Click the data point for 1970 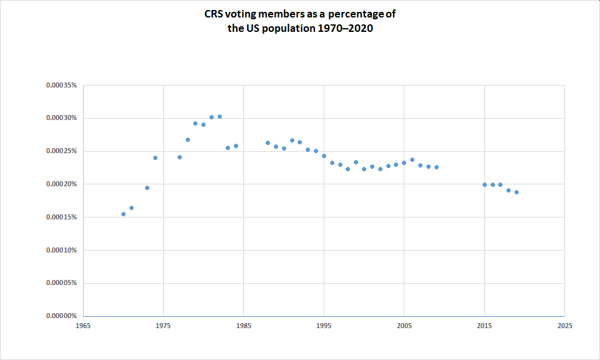(x=123, y=214)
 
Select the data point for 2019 (x=516, y=192)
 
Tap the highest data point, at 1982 (x=219, y=116)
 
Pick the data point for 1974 (x=155, y=157)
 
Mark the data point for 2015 (x=484, y=184)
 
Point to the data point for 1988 (x=267, y=142)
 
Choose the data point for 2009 (x=436, y=167)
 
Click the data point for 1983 (x=227, y=147)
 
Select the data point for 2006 (x=412, y=159)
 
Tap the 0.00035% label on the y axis (x=61, y=85)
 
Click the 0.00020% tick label (x=61, y=184)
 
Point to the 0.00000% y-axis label (x=61, y=316)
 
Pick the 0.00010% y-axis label (x=61, y=250)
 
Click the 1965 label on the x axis (x=83, y=326)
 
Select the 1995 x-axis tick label (x=324, y=326)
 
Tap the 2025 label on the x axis (x=564, y=326)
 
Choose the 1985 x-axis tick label (x=244, y=326)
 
